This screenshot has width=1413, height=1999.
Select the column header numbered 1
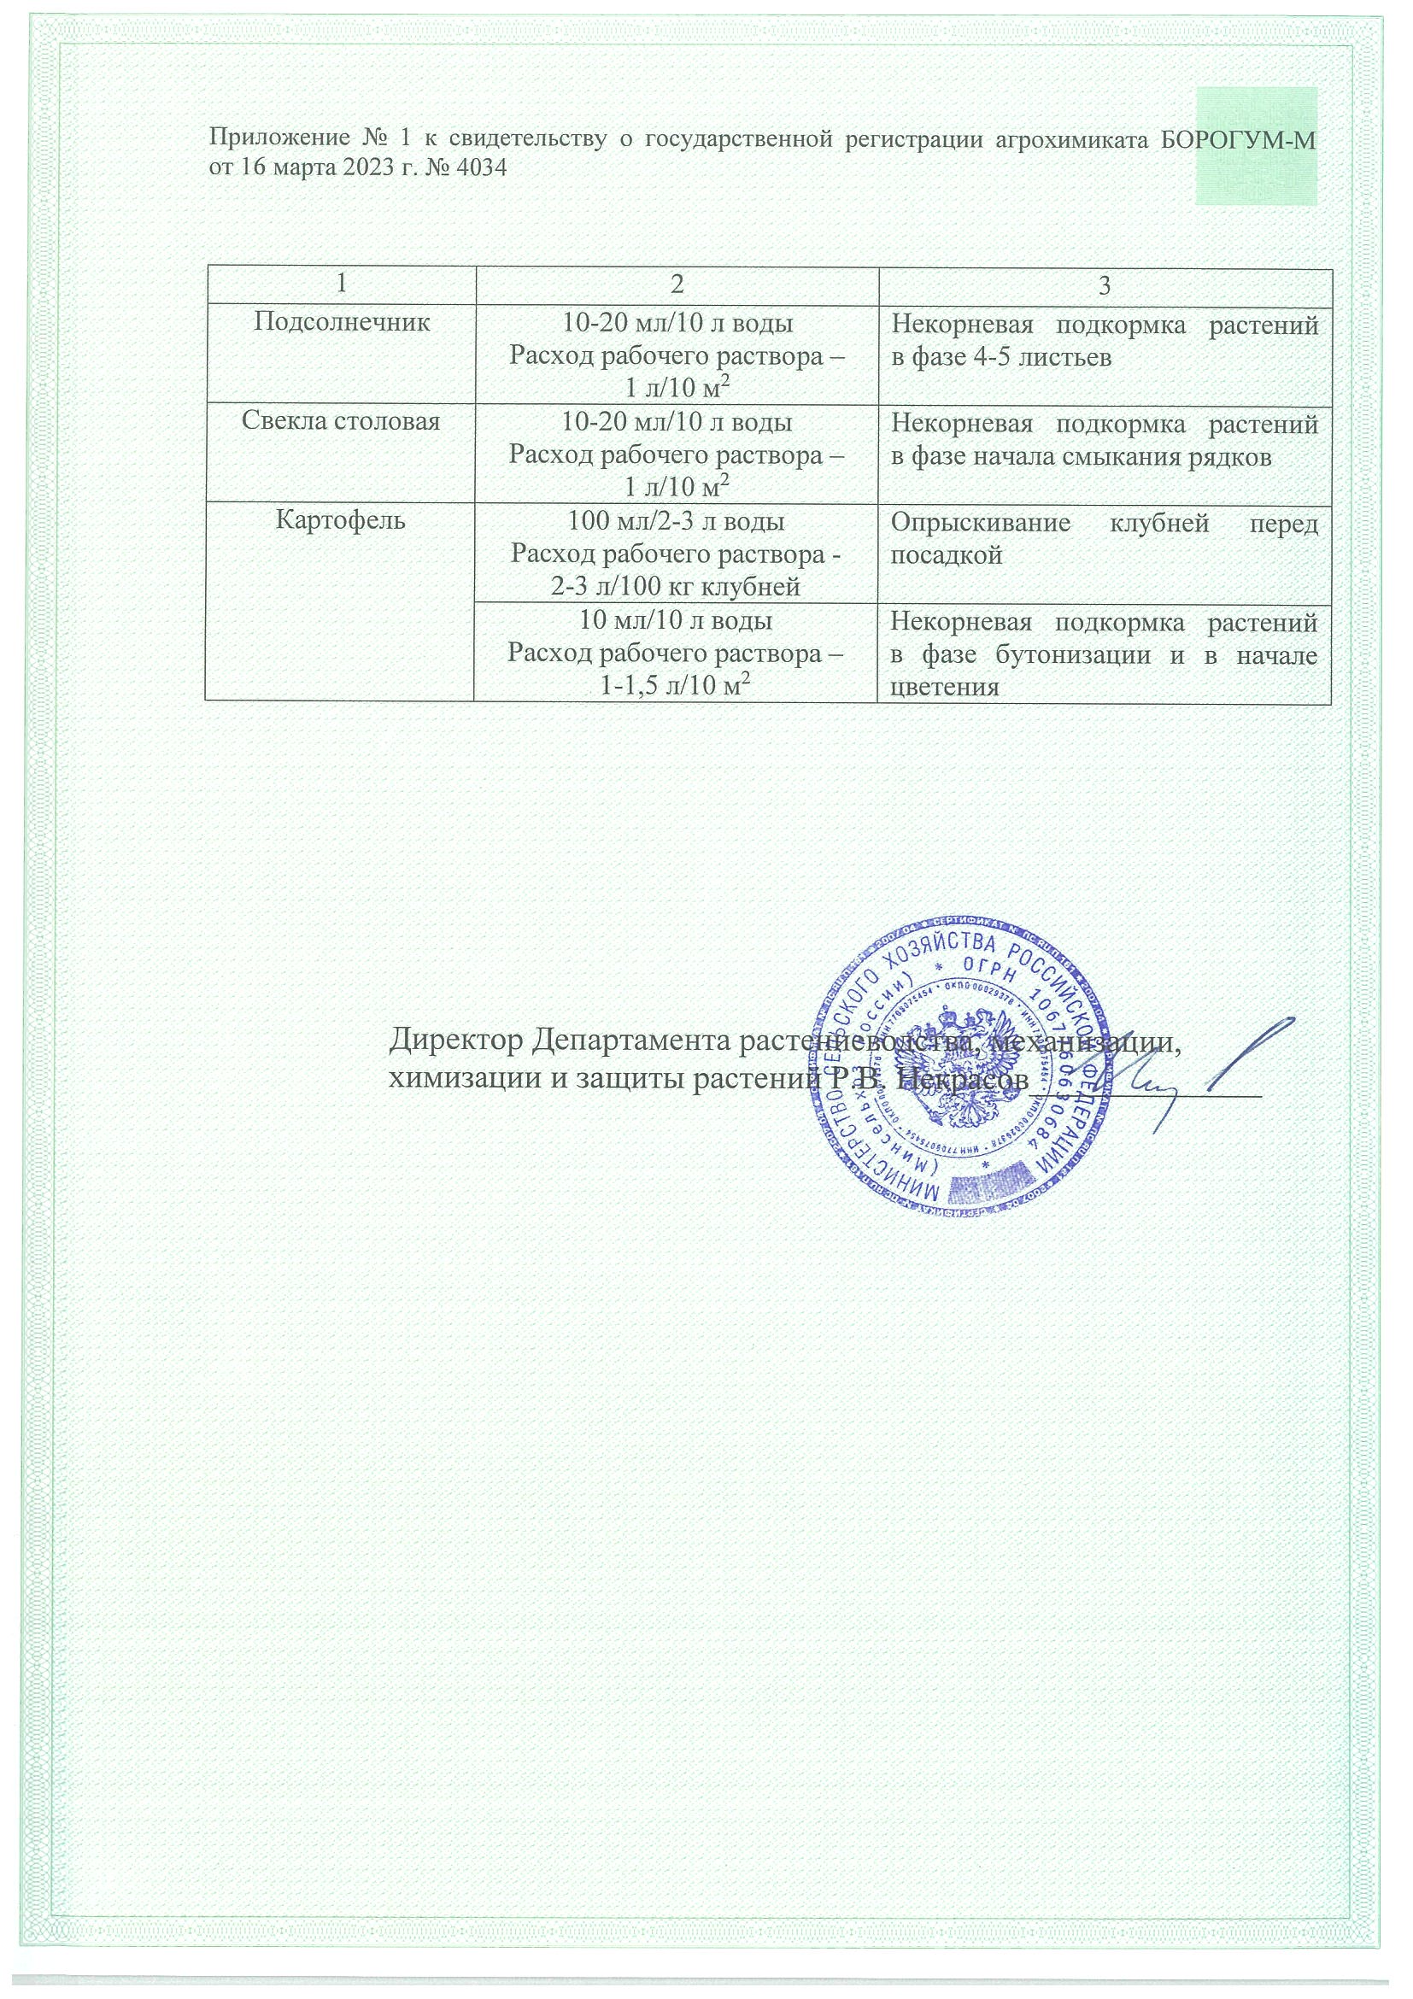(x=339, y=286)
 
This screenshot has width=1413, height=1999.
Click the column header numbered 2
(x=676, y=286)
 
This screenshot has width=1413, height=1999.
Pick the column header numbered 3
(x=1104, y=286)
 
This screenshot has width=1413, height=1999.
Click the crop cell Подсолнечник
(x=341, y=323)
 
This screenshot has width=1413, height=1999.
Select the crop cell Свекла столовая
(x=341, y=422)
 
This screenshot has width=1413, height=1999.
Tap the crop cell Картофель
(x=340, y=521)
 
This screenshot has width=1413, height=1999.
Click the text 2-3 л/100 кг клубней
(x=676, y=588)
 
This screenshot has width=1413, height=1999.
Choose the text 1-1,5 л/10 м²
(x=676, y=687)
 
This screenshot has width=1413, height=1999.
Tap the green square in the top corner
(x=1256, y=145)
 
